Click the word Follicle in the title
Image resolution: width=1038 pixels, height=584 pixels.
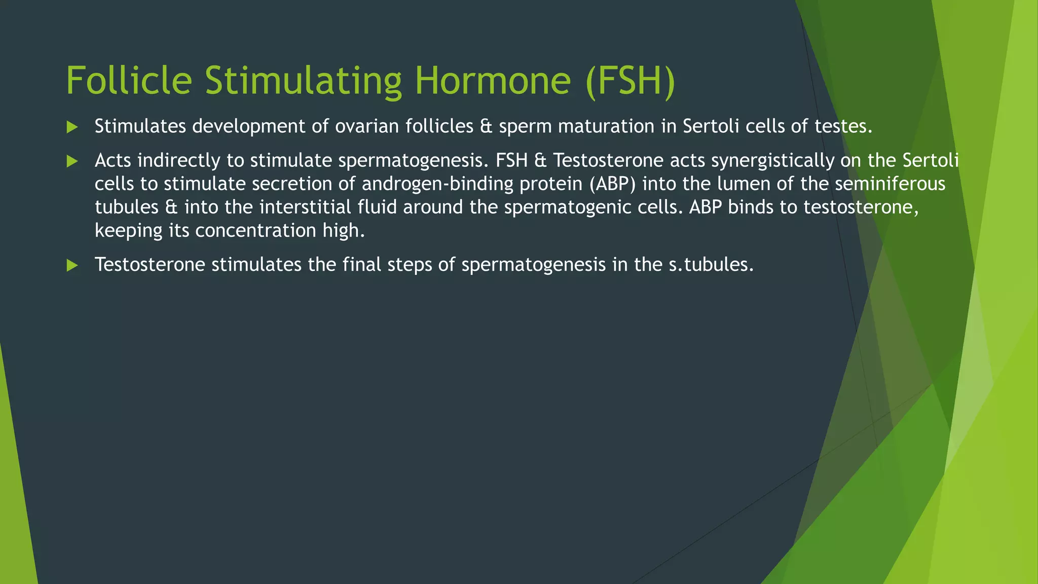129,81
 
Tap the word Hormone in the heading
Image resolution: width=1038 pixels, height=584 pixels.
493,81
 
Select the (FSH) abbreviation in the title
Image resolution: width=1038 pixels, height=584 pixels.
630,82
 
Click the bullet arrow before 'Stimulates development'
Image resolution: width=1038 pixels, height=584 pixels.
72,127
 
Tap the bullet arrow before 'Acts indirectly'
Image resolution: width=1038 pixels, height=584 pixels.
72,162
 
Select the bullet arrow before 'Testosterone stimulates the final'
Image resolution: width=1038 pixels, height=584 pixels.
72,265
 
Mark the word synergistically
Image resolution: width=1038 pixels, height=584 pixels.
772,161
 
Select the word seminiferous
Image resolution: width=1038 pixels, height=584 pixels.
890,184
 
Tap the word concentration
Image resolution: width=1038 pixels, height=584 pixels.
255,231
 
